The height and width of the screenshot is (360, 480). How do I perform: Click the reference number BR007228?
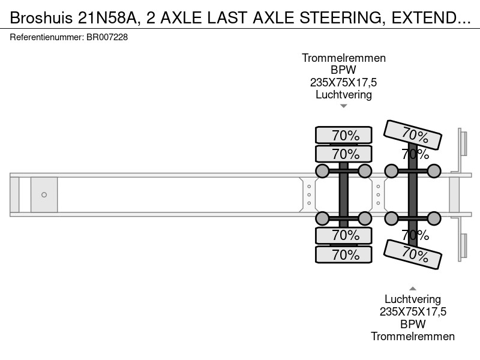coord(107,37)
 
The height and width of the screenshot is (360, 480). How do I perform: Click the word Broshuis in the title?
coord(41,18)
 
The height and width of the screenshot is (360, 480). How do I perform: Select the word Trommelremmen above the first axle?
coord(344,58)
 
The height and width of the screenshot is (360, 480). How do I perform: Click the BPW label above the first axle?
coord(343,70)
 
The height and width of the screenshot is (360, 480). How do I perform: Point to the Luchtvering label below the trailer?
coord(413,299)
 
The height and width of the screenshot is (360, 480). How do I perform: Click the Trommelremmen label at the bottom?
coord(413,337)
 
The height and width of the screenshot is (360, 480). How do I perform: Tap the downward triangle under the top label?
coord(344,106)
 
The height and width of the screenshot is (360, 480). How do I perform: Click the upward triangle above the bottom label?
coord(413,289)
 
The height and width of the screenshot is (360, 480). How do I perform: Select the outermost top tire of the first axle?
coord(343,135)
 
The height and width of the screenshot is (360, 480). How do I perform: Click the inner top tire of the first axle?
coord(343,154)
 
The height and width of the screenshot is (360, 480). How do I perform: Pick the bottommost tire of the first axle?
coord(343,254)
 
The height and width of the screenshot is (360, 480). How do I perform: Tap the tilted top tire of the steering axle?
coord(413,135)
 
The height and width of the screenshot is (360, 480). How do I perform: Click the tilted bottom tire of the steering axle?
coord(413,254)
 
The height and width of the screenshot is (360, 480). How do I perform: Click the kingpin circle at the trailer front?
coord(44,194)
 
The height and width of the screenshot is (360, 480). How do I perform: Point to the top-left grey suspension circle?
coord(322,171)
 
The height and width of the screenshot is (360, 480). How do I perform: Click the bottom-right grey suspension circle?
coord(434,218)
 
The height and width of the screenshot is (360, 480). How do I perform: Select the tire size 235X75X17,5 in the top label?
coord(343,82)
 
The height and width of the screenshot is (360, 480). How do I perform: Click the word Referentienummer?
coord(47,37)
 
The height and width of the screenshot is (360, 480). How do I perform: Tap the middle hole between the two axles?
coord(379,194)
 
